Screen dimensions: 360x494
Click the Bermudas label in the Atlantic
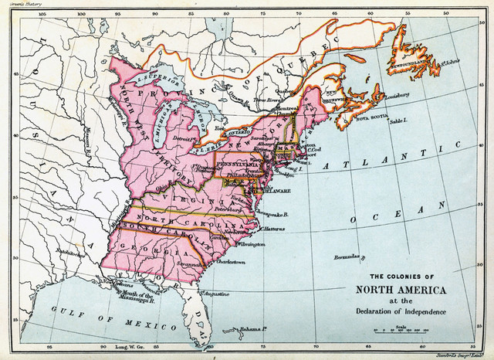pyautogui.click(x=348, y=256)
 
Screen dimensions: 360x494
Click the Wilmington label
pyautogui.click(x=252, y=244)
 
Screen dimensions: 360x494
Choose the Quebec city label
pyautogui.click(x=286, y=90)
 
